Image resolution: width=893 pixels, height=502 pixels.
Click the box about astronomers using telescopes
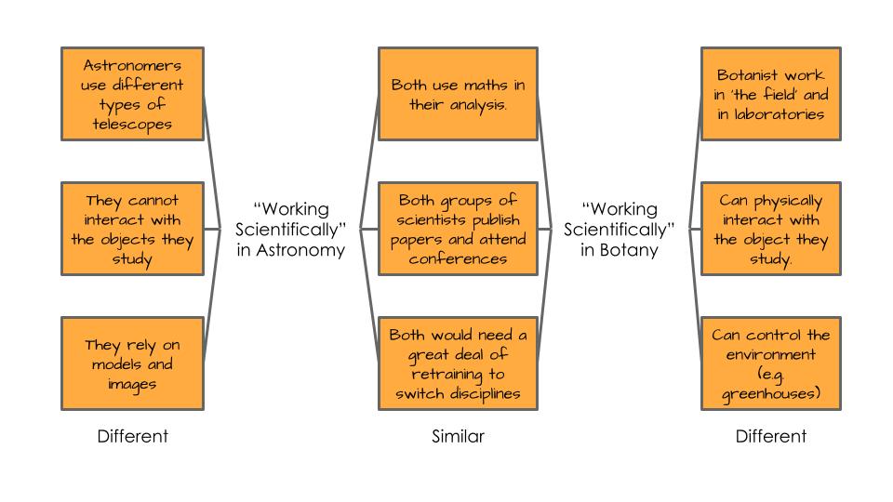pos(132,94)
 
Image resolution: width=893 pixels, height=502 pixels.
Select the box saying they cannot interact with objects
pos(132,229)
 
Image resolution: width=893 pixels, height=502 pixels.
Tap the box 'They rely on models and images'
pos(132,363)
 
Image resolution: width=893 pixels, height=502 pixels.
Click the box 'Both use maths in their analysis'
pos(458,94)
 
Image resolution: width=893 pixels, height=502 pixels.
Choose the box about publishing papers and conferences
pos(458,229)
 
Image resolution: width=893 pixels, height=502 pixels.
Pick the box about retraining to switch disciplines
pos(458,363)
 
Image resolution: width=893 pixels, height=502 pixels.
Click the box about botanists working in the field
pos(770,94)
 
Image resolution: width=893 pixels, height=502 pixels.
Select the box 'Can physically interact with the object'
pos(770,229)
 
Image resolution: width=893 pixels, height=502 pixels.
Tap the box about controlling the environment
pos(770,363)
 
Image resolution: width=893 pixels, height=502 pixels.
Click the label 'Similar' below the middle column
pos(458,436)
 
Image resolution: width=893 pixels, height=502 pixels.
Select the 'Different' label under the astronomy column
pos(132,436)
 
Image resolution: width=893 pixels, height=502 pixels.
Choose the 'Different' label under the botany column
pos(770,436)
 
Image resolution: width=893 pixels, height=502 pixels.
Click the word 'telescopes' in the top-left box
pos(132,124)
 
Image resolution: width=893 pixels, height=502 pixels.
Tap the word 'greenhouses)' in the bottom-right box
pos(770,393)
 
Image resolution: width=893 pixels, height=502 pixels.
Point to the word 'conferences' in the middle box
pos(458,258)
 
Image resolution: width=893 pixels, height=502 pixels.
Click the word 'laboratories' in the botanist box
pos(770,113)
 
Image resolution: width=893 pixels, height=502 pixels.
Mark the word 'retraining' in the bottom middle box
pos(458,374)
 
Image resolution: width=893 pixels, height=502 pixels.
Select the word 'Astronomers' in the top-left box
pos(132,65)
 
